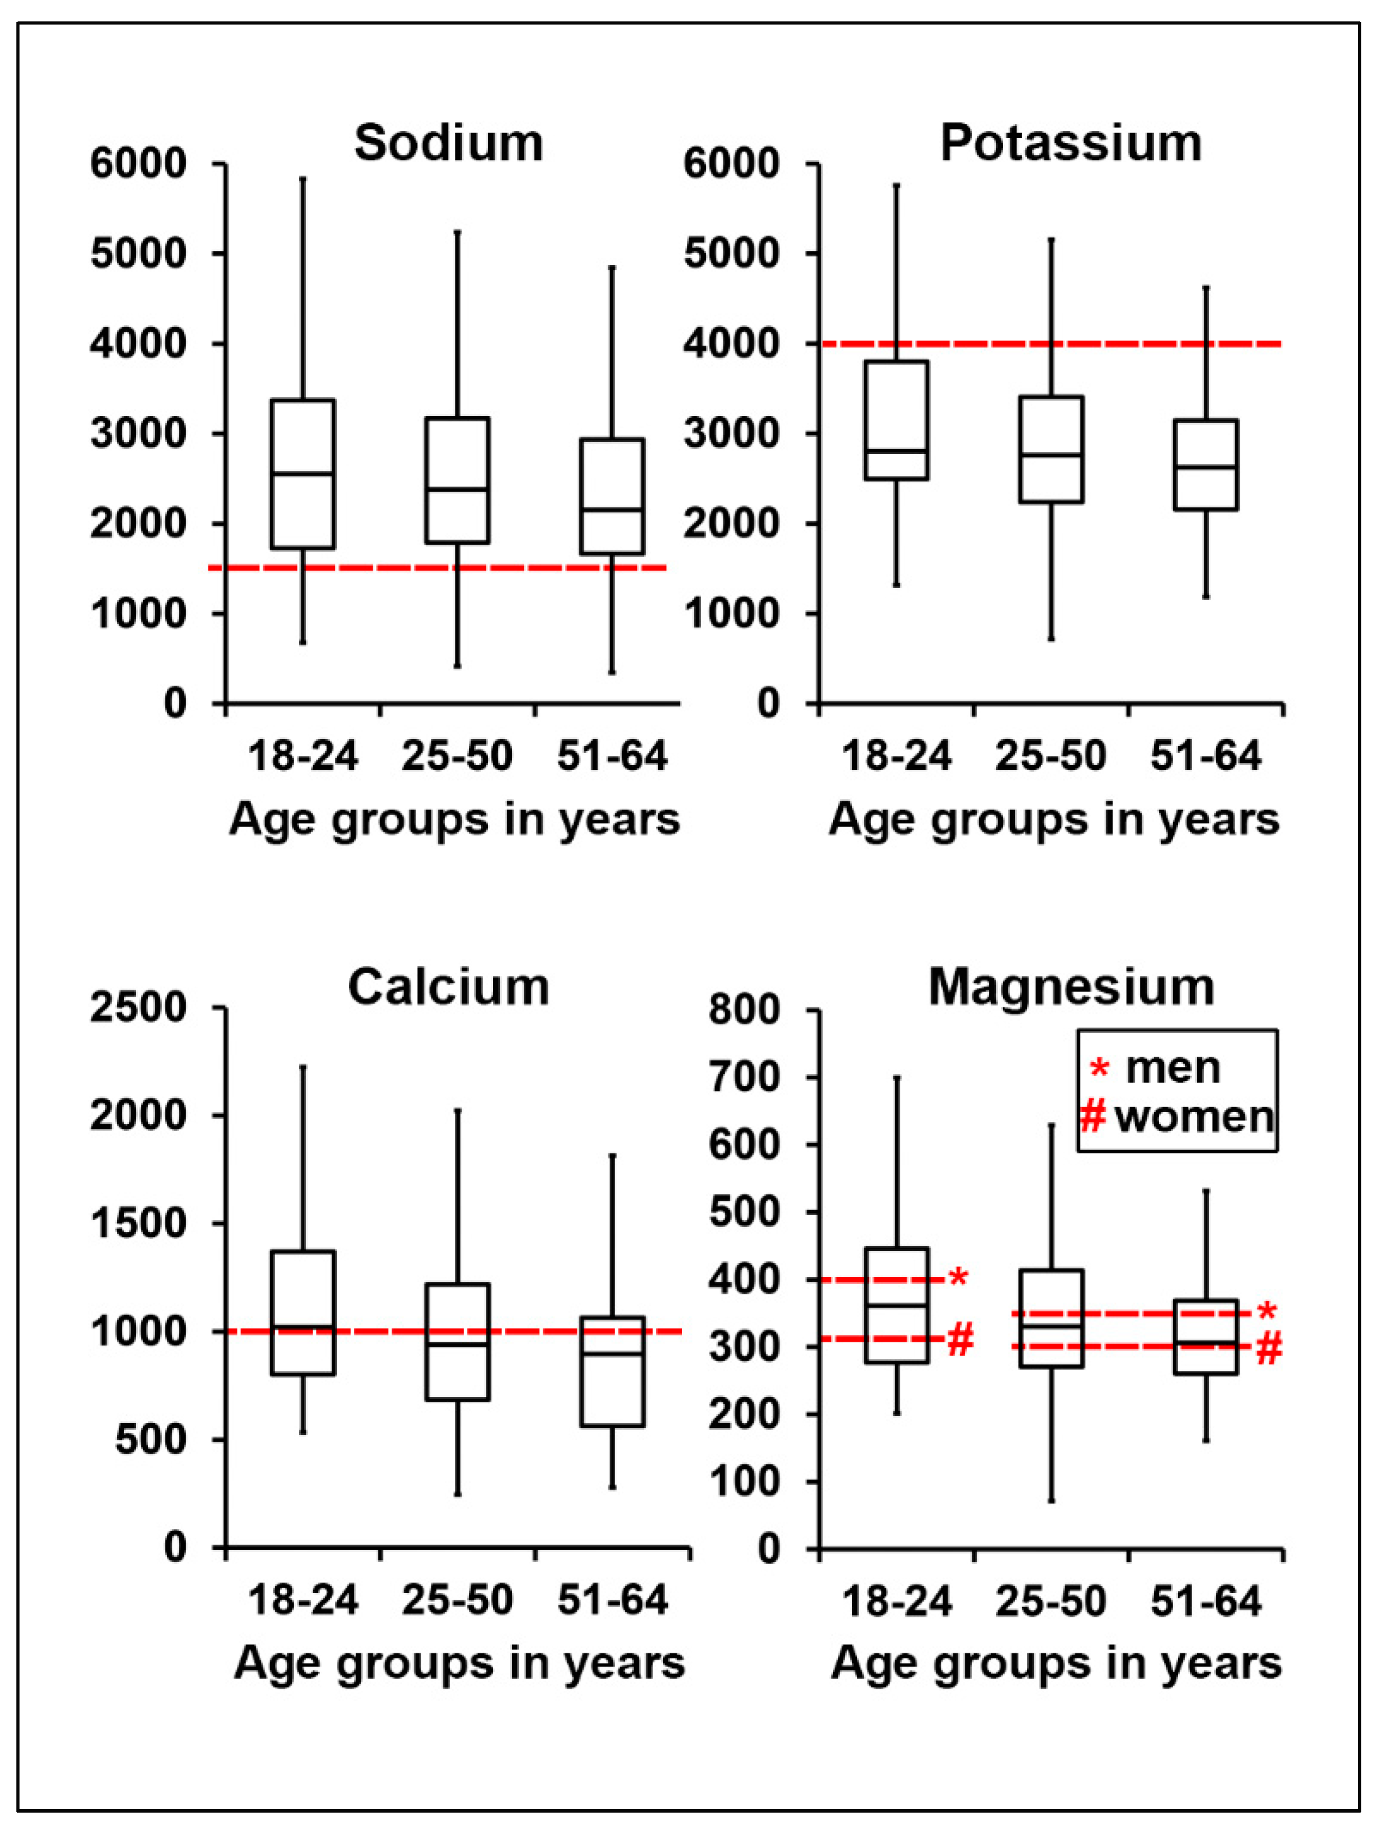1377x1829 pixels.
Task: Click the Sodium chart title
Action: click(448, 143)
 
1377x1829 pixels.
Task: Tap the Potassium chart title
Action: click(1070, 143)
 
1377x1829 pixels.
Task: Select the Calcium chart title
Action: click(448, 987)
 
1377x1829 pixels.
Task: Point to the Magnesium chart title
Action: click(1071, 987)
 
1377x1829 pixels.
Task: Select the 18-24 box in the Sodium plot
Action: click(303, 474)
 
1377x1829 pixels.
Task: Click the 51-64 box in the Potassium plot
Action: click(1206, 465)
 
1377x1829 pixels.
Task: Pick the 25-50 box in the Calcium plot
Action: click(457, 1341)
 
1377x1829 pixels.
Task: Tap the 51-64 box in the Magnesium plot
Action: click(1206, 1337)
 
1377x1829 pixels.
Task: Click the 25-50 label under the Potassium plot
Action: click(1050, 756)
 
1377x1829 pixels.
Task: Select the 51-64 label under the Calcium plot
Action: click(612, 1600)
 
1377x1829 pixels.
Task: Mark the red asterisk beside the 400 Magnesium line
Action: click(958, 1278)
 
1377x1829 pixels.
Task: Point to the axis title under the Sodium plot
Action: click(454, 819)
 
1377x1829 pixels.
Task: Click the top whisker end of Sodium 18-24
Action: click(303, 178)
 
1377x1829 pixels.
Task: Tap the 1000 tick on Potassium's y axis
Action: click(732, 613)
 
